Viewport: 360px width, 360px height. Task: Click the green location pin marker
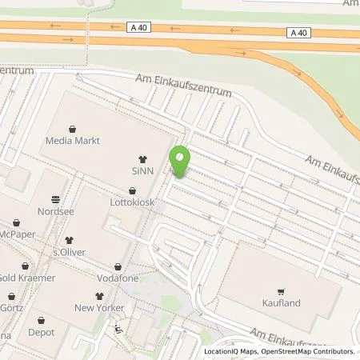tap(180, 162)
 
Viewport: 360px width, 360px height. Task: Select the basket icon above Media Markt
tap(73, 128)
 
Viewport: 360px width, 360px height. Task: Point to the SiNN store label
tap(143, 173)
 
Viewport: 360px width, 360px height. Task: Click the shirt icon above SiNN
tap(143, 159)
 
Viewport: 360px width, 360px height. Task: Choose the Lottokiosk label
tap(132, 203)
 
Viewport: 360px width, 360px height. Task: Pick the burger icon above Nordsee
tap(55, 198)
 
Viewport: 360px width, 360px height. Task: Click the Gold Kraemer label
tap(27, 278)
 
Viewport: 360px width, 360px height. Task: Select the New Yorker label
tap(100, 308)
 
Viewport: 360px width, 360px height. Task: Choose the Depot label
tap(42, 332)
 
